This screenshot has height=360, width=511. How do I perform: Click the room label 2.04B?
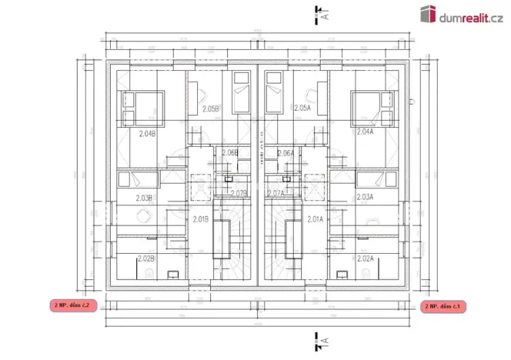tap(147, 133)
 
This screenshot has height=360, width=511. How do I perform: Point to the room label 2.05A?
tap(302, 108)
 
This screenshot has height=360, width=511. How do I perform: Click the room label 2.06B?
tap(229, 153)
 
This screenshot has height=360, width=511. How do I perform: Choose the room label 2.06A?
tap(285, 153)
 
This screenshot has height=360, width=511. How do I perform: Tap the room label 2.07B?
tap(238, 193)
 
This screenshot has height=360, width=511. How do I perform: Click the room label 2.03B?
tap(144, 198)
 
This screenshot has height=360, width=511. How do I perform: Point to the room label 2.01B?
tap(200, 219)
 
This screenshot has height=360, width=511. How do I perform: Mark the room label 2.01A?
tap(314, 219)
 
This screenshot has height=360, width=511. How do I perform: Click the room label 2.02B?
tap(145, 258)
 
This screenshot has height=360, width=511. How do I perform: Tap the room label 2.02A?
tap(365, 258)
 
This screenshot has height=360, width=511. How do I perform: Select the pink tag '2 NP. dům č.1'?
tap(444, 306)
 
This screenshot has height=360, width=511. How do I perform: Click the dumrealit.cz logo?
tap(460, 13)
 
